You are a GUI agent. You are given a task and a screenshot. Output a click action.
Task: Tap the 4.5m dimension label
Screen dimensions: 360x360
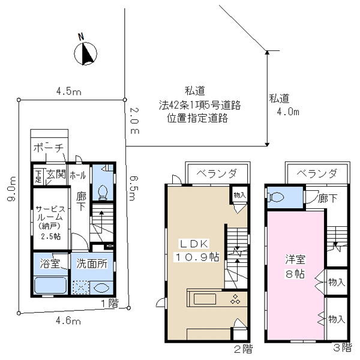[x=68, y=92]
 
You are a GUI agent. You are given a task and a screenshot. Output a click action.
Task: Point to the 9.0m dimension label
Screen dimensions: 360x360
[x=11, y=189]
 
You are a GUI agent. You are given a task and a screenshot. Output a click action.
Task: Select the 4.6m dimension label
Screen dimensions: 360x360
[x=68, y=320]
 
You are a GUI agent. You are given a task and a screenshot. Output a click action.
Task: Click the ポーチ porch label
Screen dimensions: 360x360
[x=49, y=148]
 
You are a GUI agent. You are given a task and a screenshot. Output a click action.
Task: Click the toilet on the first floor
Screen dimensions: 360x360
[x=103, y=191]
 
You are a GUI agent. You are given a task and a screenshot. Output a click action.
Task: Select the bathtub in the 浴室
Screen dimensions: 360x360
[x=50, y=285]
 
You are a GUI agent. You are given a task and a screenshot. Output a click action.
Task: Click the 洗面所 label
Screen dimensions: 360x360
[x=92, y=264]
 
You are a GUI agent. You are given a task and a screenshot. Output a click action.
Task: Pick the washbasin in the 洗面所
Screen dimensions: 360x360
[x=101, y=288]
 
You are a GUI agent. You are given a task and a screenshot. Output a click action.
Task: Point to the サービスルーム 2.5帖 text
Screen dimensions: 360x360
[x=50, y=223]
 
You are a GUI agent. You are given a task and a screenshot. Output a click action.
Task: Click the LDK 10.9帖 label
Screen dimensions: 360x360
[x=197, y=250]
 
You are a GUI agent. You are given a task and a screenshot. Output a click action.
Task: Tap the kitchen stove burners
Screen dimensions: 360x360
[x=235, y=299]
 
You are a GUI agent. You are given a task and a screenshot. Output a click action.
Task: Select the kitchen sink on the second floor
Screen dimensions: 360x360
[x=205, y=299]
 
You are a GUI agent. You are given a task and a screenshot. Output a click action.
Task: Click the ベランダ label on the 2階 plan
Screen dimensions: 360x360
[x=216, y=173]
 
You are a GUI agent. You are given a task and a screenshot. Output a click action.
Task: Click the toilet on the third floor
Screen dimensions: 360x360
[x=277, y=197]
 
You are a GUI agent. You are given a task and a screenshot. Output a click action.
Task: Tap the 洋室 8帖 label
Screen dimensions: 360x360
[x=295, y=266]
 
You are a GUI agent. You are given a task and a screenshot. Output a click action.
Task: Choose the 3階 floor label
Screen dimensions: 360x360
[x=343, y=347]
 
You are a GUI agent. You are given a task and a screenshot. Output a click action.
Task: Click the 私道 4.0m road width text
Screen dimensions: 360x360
[x=284, y=105]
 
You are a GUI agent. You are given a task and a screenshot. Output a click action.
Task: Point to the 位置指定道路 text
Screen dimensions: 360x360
[x=197, y=118]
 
